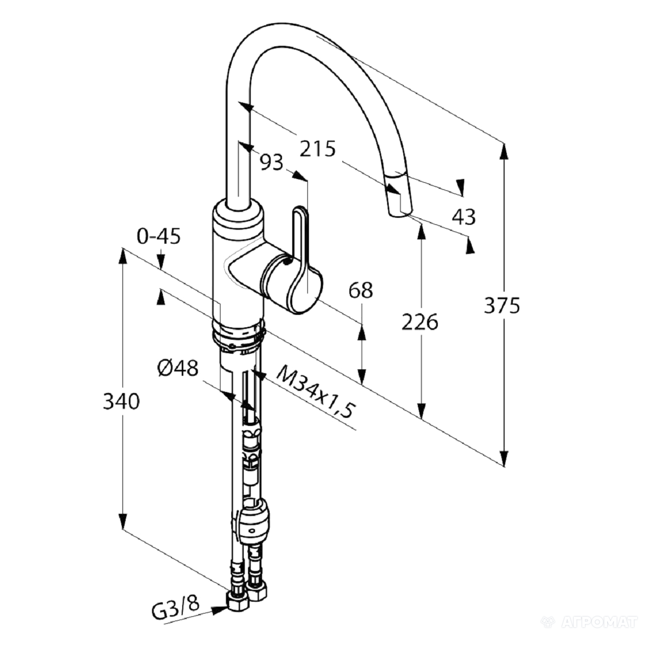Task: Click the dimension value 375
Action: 501,306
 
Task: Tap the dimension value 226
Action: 420,322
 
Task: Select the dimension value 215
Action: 317,149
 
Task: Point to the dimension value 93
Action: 272,162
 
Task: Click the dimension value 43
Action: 464,216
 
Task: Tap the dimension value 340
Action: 121,401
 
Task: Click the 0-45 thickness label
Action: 159,236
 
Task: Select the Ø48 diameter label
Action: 177,368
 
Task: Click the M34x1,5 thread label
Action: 315,396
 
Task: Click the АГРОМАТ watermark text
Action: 600,622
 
